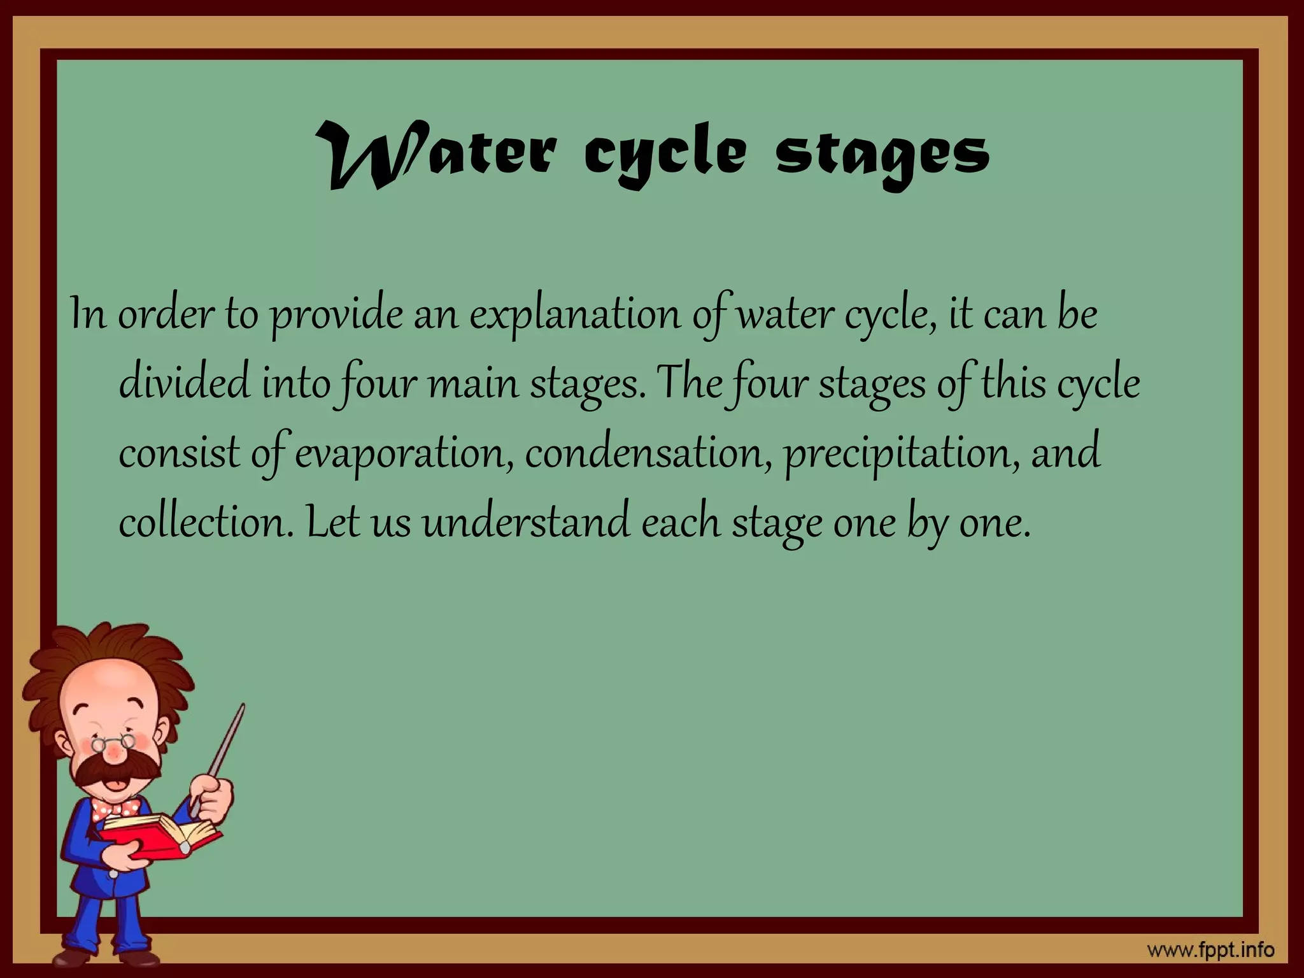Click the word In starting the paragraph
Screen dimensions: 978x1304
click(88, 315)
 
